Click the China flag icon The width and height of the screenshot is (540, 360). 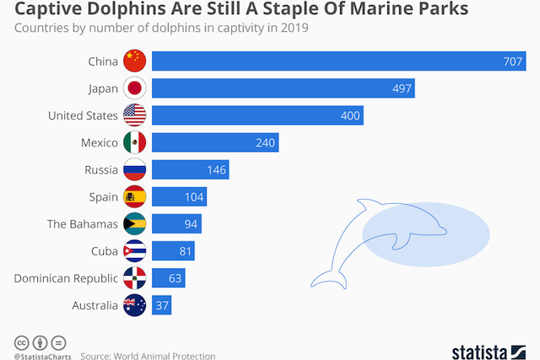[x=135, y=61]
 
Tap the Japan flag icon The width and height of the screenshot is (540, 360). [x=135, y=88]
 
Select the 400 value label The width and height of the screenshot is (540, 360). [x=349, y=116]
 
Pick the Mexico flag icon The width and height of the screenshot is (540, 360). [x=135, y=142]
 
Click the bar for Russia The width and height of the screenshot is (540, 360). [x=190, y=169]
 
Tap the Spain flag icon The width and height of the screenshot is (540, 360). [x=135, y=197]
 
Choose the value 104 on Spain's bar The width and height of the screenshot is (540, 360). [x=193, y=197]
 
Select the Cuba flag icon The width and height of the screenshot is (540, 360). [x=135, y=251]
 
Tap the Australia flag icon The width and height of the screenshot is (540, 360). [x=135, y=305]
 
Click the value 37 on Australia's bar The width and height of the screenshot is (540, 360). [x=160, y=305]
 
